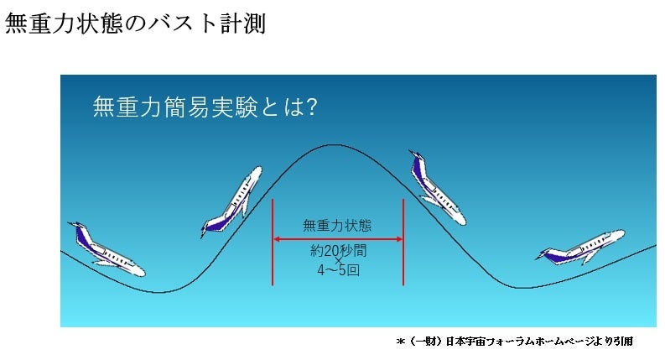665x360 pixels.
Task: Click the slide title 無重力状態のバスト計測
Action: click(135, 23)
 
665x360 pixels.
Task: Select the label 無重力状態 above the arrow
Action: click(337, 225)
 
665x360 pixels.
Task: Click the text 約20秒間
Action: click(338, 250)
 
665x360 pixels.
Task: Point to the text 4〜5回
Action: click(338, 271)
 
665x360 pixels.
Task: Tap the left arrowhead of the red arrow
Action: click(277, 239)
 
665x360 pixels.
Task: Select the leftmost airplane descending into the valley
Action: click(105, 249)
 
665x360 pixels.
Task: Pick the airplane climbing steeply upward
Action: click(231, 202)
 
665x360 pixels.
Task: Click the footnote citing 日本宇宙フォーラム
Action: click(513, 342)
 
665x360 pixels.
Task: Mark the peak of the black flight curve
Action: click(334, 145)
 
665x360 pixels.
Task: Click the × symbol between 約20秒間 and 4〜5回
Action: click(338, 261)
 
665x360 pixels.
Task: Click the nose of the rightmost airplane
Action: click(621, 233)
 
